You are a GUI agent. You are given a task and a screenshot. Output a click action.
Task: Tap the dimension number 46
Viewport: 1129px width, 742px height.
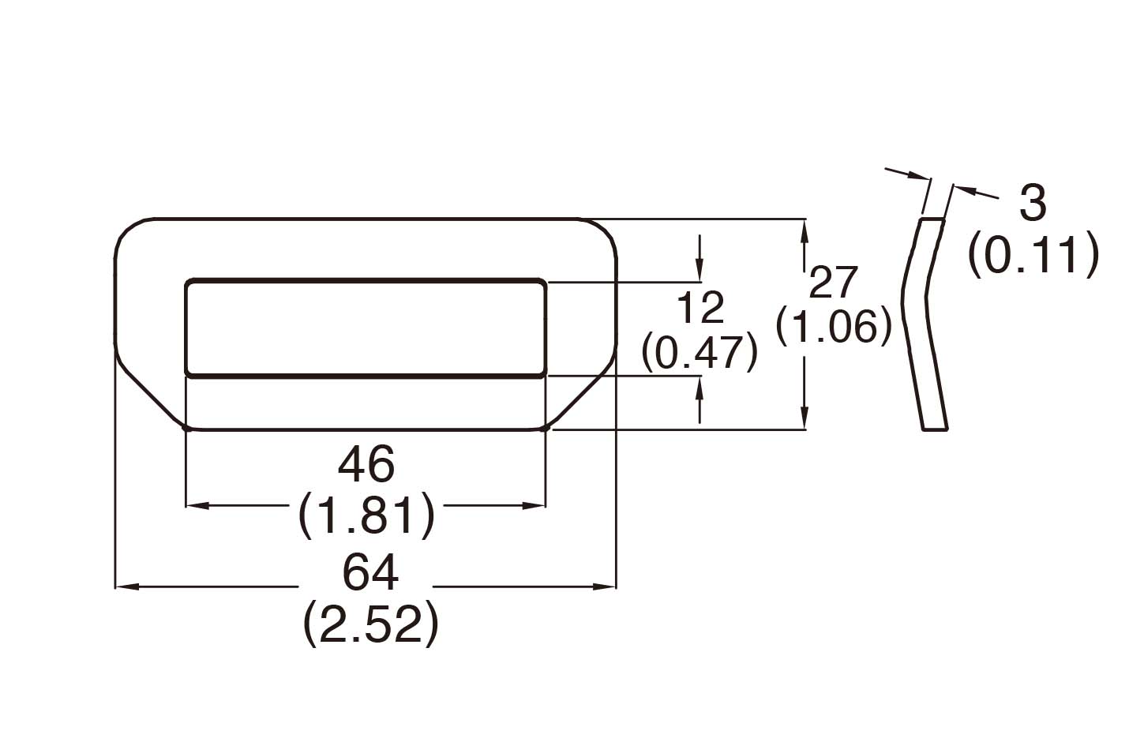tap(366, 466)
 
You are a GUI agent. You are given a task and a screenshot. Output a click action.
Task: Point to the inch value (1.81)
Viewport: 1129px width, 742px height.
tap(367, 515)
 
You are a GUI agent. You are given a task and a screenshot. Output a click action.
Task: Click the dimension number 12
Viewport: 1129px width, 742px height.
tap(700, 308)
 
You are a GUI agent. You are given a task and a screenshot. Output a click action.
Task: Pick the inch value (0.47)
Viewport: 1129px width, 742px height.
tap(700, 352)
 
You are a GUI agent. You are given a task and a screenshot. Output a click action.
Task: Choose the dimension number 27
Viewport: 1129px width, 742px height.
tap(834, 283)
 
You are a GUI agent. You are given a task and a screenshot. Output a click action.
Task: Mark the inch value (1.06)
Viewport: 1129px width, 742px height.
tap(834, 325)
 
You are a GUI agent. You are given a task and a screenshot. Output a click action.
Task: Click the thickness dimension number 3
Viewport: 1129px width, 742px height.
tap(1033, 203)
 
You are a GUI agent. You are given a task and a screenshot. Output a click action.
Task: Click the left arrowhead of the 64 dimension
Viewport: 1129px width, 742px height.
tap(126, 586)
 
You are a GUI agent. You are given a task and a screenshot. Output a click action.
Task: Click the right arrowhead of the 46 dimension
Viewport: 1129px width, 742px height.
tap(535, 505)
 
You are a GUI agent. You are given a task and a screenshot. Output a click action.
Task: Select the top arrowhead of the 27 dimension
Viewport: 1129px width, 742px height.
tap(804, 230)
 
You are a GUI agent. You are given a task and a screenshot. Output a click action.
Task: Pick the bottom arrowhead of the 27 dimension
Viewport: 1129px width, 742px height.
tap(804, 418)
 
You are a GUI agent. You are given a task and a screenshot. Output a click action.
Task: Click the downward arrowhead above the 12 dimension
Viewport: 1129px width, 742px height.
tap(700, 270)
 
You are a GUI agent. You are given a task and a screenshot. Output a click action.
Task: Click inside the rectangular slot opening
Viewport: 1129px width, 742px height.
tap(365, 327)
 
